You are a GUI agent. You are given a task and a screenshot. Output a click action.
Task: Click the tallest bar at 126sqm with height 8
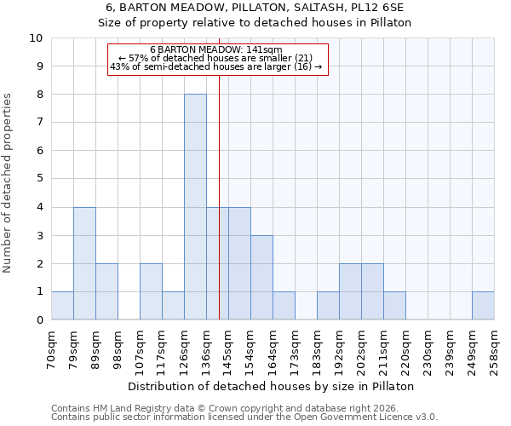pos(195,207)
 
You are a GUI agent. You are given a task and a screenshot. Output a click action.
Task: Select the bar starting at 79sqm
pos(84,263)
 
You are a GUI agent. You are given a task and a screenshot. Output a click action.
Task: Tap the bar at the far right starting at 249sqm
pos(483,306)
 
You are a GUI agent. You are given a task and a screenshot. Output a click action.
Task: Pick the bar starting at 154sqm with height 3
pos(261,278)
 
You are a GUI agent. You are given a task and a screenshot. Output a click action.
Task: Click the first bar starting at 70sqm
pos(62,306)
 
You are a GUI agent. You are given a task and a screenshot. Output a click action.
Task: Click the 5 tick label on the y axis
pos(39,179)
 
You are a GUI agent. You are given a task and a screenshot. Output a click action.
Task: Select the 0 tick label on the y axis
pos(39,320)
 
